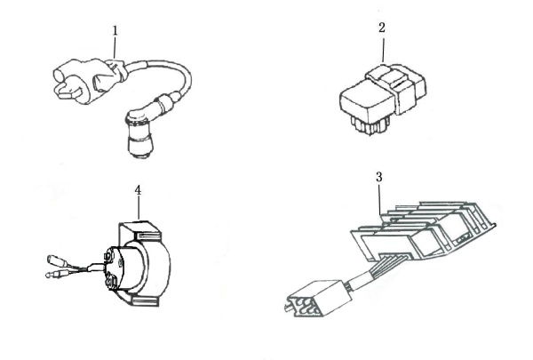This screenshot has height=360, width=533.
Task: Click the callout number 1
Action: coord(115,30)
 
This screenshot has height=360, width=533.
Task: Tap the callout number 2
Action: coord(382,28)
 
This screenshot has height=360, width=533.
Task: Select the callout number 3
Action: coord(379,177)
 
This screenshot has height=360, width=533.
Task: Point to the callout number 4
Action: coord(138,190)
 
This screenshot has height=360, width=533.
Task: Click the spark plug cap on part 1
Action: coord(139,134)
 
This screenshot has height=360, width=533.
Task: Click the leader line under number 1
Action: coord(115,47)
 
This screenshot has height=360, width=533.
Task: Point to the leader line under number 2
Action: coord(384,50)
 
